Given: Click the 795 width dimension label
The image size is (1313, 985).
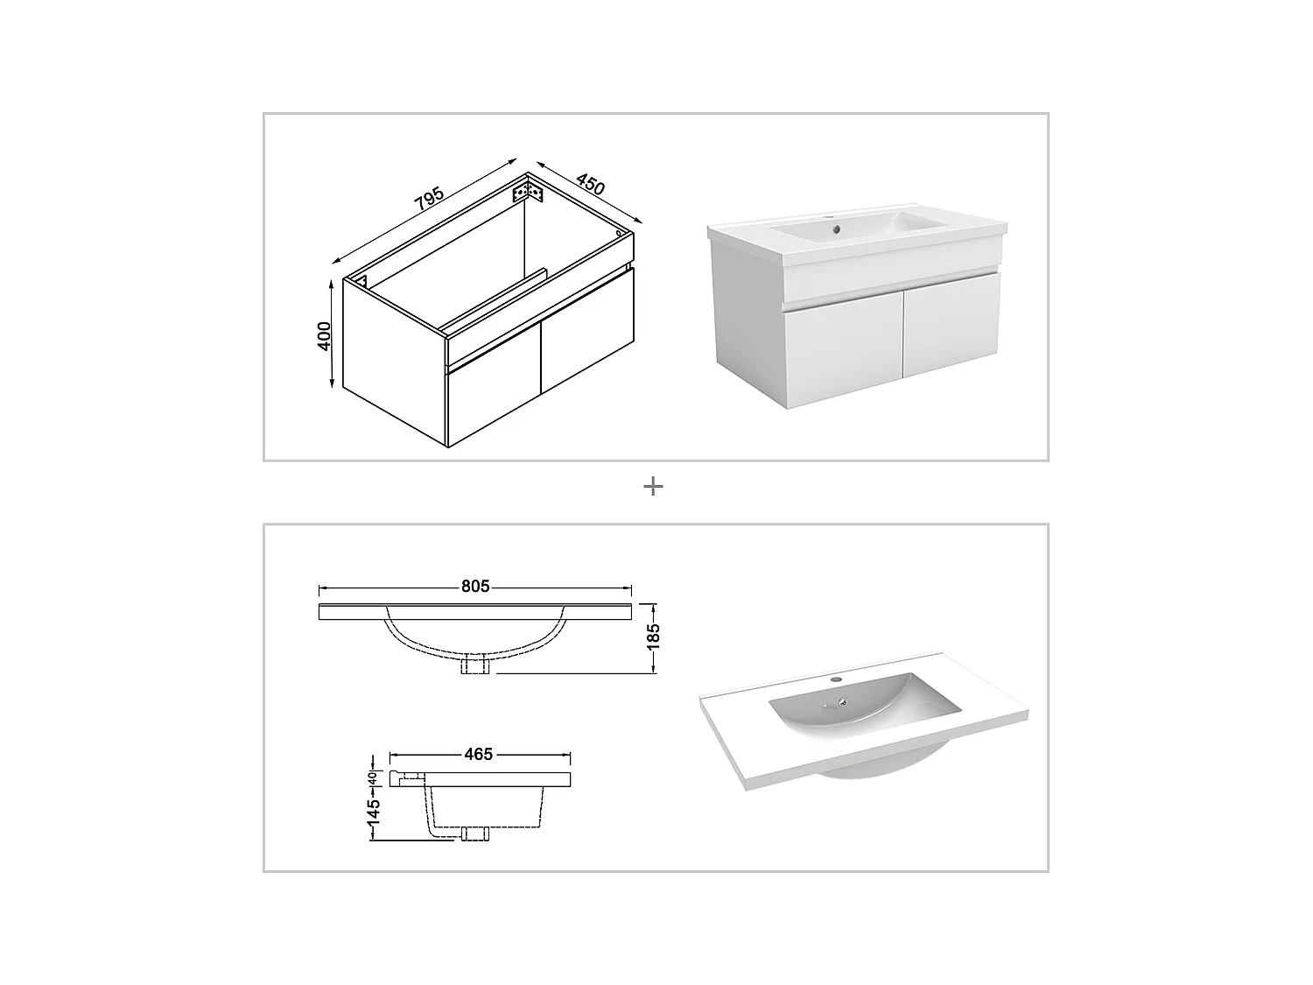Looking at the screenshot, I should (430, 200).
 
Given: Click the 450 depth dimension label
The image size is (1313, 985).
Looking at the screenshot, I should (590, 185).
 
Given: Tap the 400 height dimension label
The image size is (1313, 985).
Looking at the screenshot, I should (325, 336).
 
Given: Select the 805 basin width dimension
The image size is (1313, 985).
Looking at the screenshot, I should (475, 587).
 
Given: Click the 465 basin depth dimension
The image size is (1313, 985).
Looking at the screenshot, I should (479, 753).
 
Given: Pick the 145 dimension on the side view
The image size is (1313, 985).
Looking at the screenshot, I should (375, 813).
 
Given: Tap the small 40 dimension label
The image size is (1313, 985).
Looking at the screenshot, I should (372, 777).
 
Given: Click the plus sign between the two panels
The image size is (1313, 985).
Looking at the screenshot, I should (653, 487).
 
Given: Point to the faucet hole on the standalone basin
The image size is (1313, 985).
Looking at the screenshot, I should (834, 679).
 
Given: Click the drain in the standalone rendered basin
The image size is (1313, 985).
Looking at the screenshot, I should (843, 700).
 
